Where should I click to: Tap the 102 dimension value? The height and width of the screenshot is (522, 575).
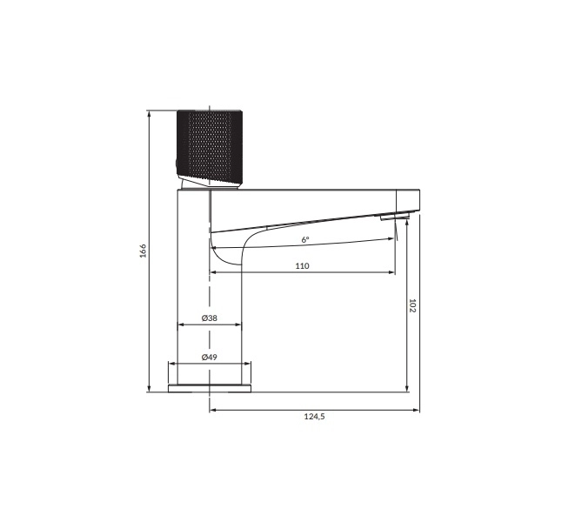pyautogui.click(x=412, y=305)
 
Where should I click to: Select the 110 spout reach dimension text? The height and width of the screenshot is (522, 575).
pyautogui.click(x=302, y=266)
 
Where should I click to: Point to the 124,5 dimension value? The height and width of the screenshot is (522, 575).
pyautogui.click(x=314, y=418)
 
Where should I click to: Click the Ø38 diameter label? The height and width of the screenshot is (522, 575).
pyautogui.click(x=209, y=318)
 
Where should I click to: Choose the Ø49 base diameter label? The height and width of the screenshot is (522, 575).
pyautogui.click(x=209, y=358)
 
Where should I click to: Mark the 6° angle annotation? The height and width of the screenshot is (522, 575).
pyautogui.click(x=305, y=239)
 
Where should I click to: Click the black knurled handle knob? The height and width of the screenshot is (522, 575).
pyautogui.click(x=210, y=144)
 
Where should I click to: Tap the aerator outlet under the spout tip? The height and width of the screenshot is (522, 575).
pyautogui.click(x=394, y=216)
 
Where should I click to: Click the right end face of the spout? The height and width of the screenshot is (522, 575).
pyautogui.click(x=418, y=201)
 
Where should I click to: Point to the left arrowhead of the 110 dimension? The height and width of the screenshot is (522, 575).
pyautogui.click(x=214, y=272)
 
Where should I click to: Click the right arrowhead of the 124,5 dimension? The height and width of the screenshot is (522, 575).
pyautogui.click(x=416, y=411)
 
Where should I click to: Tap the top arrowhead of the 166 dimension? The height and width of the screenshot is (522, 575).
pyautogui.click(x=150, y=114)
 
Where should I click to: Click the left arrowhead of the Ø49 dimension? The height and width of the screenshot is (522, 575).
pyautogui.click(x=170, y=365)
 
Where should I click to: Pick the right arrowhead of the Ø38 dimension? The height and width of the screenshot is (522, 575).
pyautogui.click(x=238, y=325)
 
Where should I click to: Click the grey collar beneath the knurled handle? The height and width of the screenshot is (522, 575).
pyautogui.click(x=209, y=183)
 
